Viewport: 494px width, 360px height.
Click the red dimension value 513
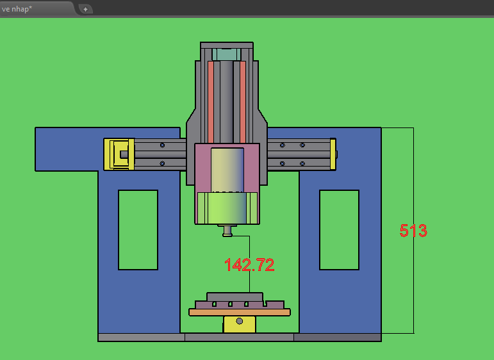413,231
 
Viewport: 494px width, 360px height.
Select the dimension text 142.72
249,265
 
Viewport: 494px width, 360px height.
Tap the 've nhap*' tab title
17,9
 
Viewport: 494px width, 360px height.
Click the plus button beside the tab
85,9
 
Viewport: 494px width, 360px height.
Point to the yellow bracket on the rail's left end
119,154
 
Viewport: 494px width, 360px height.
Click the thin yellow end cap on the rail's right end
333,154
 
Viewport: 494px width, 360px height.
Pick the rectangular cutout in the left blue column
138,230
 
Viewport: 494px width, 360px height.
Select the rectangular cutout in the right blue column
340,230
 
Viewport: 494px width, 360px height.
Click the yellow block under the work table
240,324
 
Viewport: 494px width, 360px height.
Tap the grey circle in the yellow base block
240,321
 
